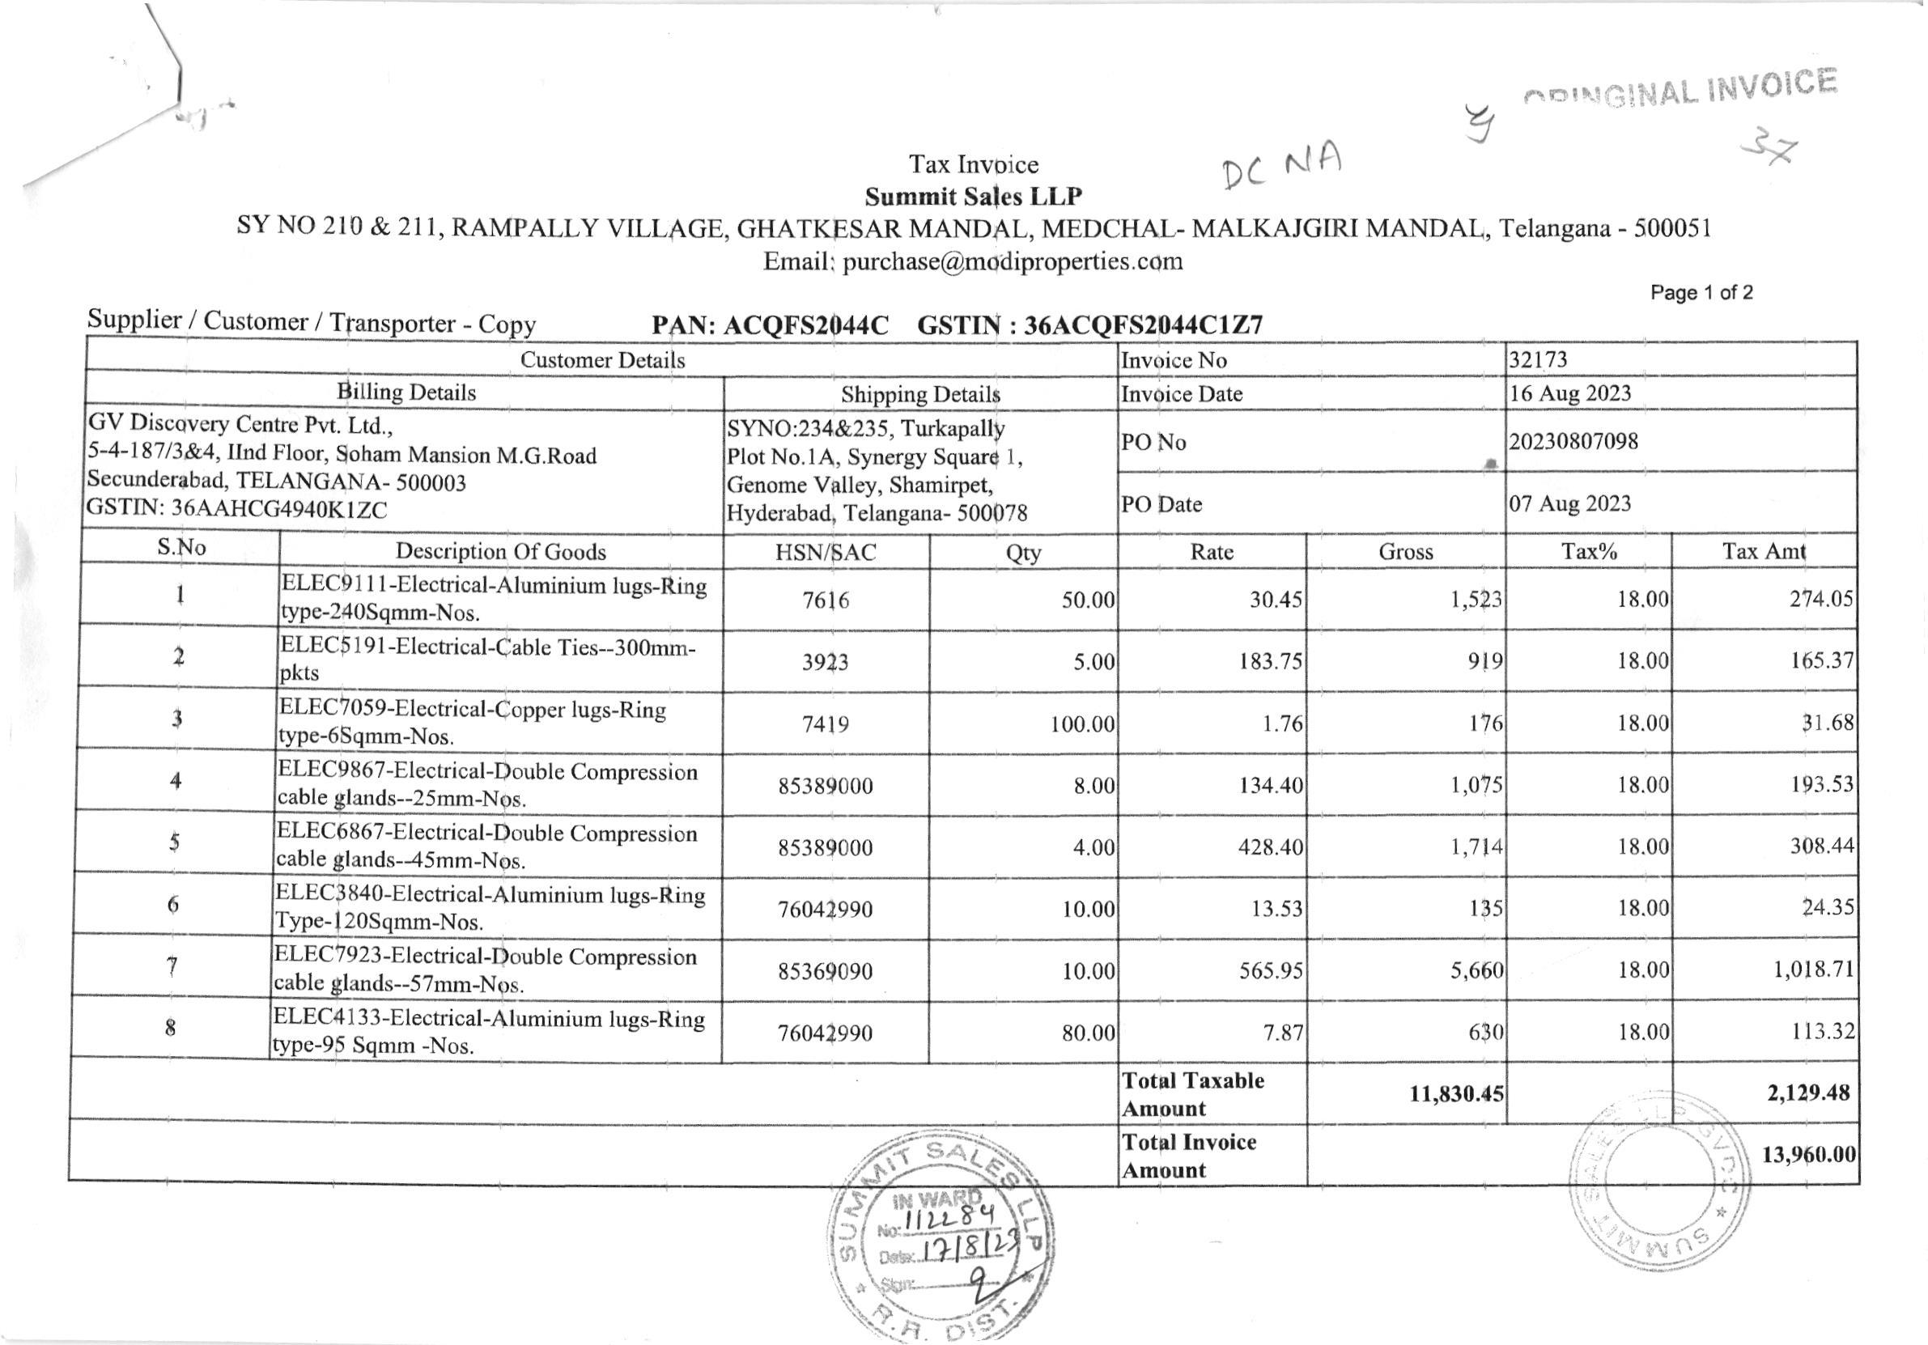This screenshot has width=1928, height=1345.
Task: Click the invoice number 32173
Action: click(x=1538, y=359)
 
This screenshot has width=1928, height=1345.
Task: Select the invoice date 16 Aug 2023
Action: click(x=1569, y=393)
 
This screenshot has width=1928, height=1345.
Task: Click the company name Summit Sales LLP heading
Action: click(x=973, y=197)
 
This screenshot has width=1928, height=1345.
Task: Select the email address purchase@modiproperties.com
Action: click(x=1013, y=261)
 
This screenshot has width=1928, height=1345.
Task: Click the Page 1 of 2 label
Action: click(x=1701, y=292)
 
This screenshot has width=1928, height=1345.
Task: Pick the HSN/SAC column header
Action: click(x=826, y=552)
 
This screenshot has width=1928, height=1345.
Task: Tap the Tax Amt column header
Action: click(x=1764, y=551)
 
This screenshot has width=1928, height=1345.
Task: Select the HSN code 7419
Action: click(x=826, y=723)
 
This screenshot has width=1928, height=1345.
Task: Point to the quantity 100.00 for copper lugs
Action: click(x=1082, y=723)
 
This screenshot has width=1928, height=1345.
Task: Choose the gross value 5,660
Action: click(x=1476, y=970)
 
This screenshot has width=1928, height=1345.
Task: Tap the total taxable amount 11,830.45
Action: click(x=1456, y=1093)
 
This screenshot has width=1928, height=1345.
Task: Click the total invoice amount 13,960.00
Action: click(x=1808, y=1154)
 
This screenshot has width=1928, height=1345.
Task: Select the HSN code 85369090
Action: click(x=826, y=971)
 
